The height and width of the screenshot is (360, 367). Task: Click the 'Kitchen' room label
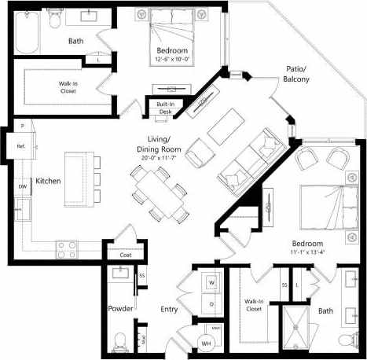point(48,180)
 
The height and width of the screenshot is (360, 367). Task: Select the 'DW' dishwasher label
point(23,186)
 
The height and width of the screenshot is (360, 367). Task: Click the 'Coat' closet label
point(126,254)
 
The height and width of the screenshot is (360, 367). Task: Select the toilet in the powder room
point(120,340)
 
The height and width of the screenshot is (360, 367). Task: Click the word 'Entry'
point(170,309)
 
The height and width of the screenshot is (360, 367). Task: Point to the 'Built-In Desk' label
point(164,108)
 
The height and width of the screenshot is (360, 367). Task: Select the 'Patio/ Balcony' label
point(296,75)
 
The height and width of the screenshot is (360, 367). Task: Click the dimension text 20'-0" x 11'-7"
point(160,157)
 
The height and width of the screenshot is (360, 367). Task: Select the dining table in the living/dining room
point(160,194)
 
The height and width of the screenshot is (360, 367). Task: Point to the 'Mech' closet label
point(215,327)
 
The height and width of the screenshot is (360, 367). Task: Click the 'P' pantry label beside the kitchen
point(23,126)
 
